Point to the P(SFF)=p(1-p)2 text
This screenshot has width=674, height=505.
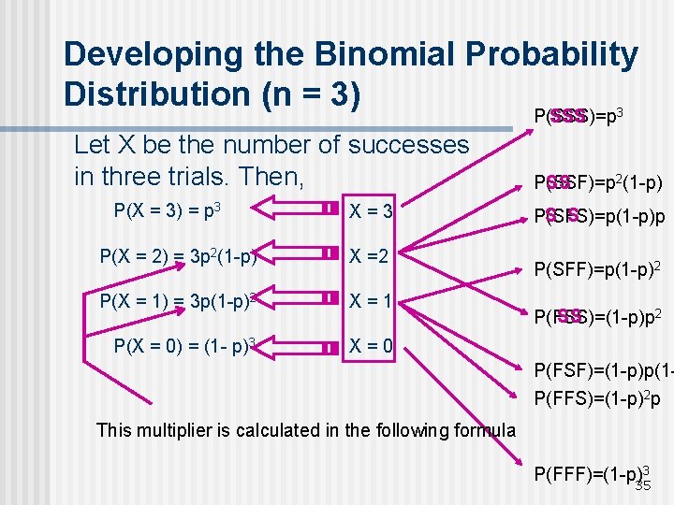click(x=597, y=270)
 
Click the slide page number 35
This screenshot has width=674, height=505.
click(x=643, y=485)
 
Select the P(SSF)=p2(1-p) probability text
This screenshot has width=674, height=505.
click(x=597, y=182)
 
